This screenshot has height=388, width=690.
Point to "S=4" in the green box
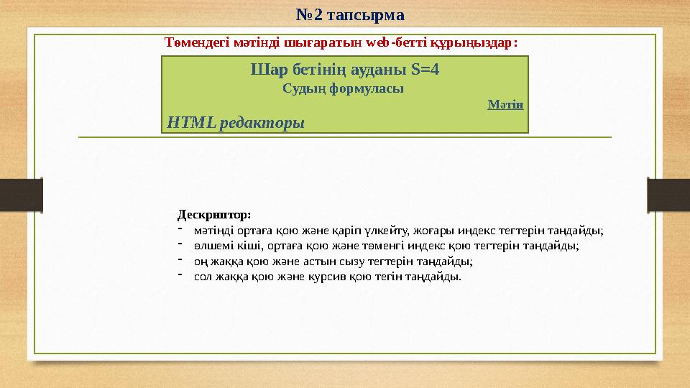(x=425, y=70)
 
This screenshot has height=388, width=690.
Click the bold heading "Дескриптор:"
(x=214, y=215)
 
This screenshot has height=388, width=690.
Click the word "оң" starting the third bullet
(x=199, y=261)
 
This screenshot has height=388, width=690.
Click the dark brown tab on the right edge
(x=668, y=195)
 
